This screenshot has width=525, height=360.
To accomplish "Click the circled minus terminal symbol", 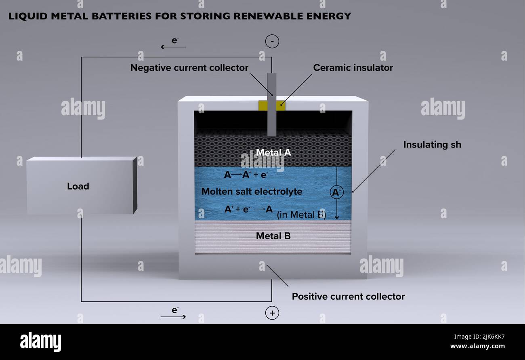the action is click(x=272, y=41).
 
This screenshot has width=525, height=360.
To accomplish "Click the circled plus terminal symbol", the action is click(x=272, y=313).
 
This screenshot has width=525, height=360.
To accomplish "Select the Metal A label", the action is click(x=273, y=152).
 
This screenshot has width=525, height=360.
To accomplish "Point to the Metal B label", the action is click(x=273, y=236).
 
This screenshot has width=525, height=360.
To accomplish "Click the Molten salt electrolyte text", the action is click(x=252, y=192).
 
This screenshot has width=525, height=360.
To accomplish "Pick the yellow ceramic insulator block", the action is click(x=272, y=106).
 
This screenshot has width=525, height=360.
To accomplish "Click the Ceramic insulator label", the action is click(x=353, y=68).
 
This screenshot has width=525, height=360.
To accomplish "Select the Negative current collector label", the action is click(x=189, y=68).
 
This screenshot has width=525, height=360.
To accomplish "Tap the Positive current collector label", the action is click(x=348, y=297).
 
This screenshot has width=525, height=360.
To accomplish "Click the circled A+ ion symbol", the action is click(x=337, y=192).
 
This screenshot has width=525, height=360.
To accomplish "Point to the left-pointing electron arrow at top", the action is click(x=173, y=47).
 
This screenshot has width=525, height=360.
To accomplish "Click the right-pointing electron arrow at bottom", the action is click(x=173, y=317).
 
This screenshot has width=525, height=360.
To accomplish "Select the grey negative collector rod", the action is click(x=272, y=105).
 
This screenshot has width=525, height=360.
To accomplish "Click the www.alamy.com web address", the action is click(x=477, y=346).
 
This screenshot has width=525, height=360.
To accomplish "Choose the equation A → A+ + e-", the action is click(x=246, y=175).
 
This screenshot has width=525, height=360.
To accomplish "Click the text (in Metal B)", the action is click(x=301, y=215).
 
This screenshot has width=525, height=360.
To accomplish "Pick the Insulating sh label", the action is click(x=432, y=145).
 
